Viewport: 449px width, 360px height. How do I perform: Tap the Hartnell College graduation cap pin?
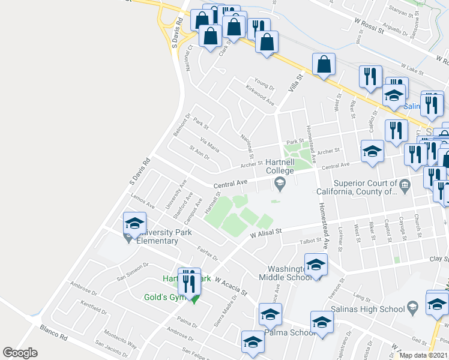(279, 184)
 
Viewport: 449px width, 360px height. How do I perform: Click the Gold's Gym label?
(163, 297)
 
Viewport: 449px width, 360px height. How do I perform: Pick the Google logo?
(20, 353)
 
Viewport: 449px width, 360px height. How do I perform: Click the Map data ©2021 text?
(424, 355)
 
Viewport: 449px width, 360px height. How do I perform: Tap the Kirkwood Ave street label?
(259, 96)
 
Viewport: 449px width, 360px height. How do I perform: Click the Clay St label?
(439, 259)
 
